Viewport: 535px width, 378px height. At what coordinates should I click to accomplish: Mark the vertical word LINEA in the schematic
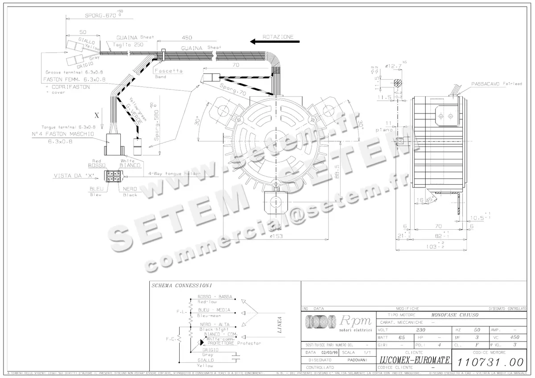point(280,325)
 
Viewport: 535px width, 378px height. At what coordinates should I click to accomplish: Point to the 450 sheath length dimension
point(187,38)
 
